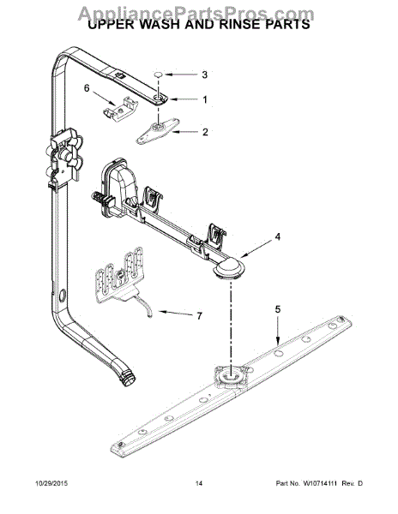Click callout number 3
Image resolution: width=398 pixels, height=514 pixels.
pos(204,75)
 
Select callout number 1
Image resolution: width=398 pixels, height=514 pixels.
pos(204,99)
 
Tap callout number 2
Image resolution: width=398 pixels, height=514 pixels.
pos(204,132)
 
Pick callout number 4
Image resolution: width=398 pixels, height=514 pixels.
pos(277,236)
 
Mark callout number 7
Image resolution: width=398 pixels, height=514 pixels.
pos(199,316)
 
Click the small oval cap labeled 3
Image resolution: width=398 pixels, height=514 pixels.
pos(160,75)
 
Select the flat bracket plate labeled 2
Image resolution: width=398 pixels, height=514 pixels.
pos(157,130)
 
